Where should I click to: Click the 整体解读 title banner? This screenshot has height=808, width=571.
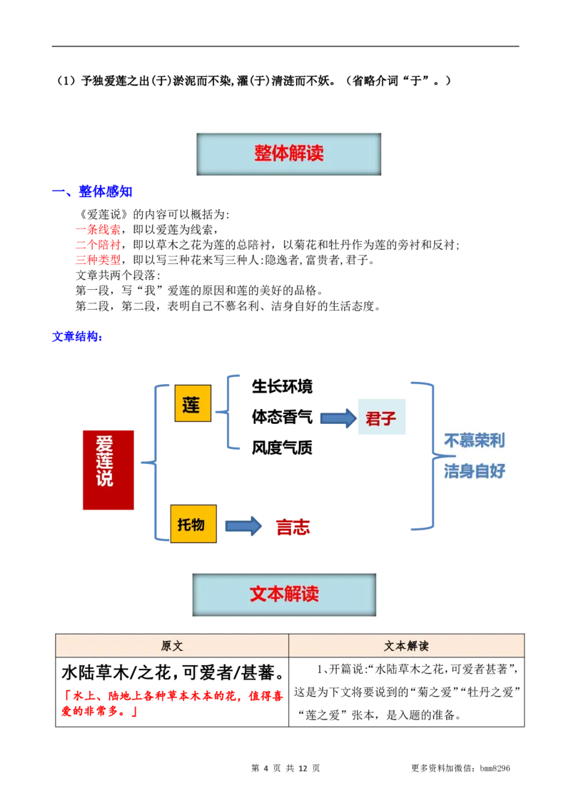click(288, 153)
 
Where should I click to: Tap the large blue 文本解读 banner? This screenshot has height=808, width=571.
click(284, 595)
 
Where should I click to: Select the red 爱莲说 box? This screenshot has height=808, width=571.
click(108, 470)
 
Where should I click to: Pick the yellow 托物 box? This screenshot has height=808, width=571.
click(193, 524)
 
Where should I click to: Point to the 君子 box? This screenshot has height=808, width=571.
click(382, 418)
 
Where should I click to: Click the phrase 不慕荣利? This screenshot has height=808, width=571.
click(474, 440)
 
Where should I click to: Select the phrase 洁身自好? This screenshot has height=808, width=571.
click(474, 471)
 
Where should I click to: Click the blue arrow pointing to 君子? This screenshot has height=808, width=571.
click(337, 419)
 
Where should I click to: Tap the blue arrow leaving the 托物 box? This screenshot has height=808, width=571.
click(243, 527)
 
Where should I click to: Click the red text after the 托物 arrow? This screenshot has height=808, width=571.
click(293, 527)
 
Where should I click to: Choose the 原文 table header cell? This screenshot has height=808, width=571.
click(172, 646)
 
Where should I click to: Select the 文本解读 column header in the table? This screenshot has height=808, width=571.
click(406, 646)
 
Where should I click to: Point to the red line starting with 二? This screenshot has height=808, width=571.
click(97, 245)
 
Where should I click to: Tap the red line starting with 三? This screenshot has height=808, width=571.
click(97, 261)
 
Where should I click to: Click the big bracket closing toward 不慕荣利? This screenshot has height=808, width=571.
click(428, 455)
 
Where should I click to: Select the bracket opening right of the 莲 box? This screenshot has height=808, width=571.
click(230, 411)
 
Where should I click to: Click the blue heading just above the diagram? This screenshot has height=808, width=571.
click(77, 336)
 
